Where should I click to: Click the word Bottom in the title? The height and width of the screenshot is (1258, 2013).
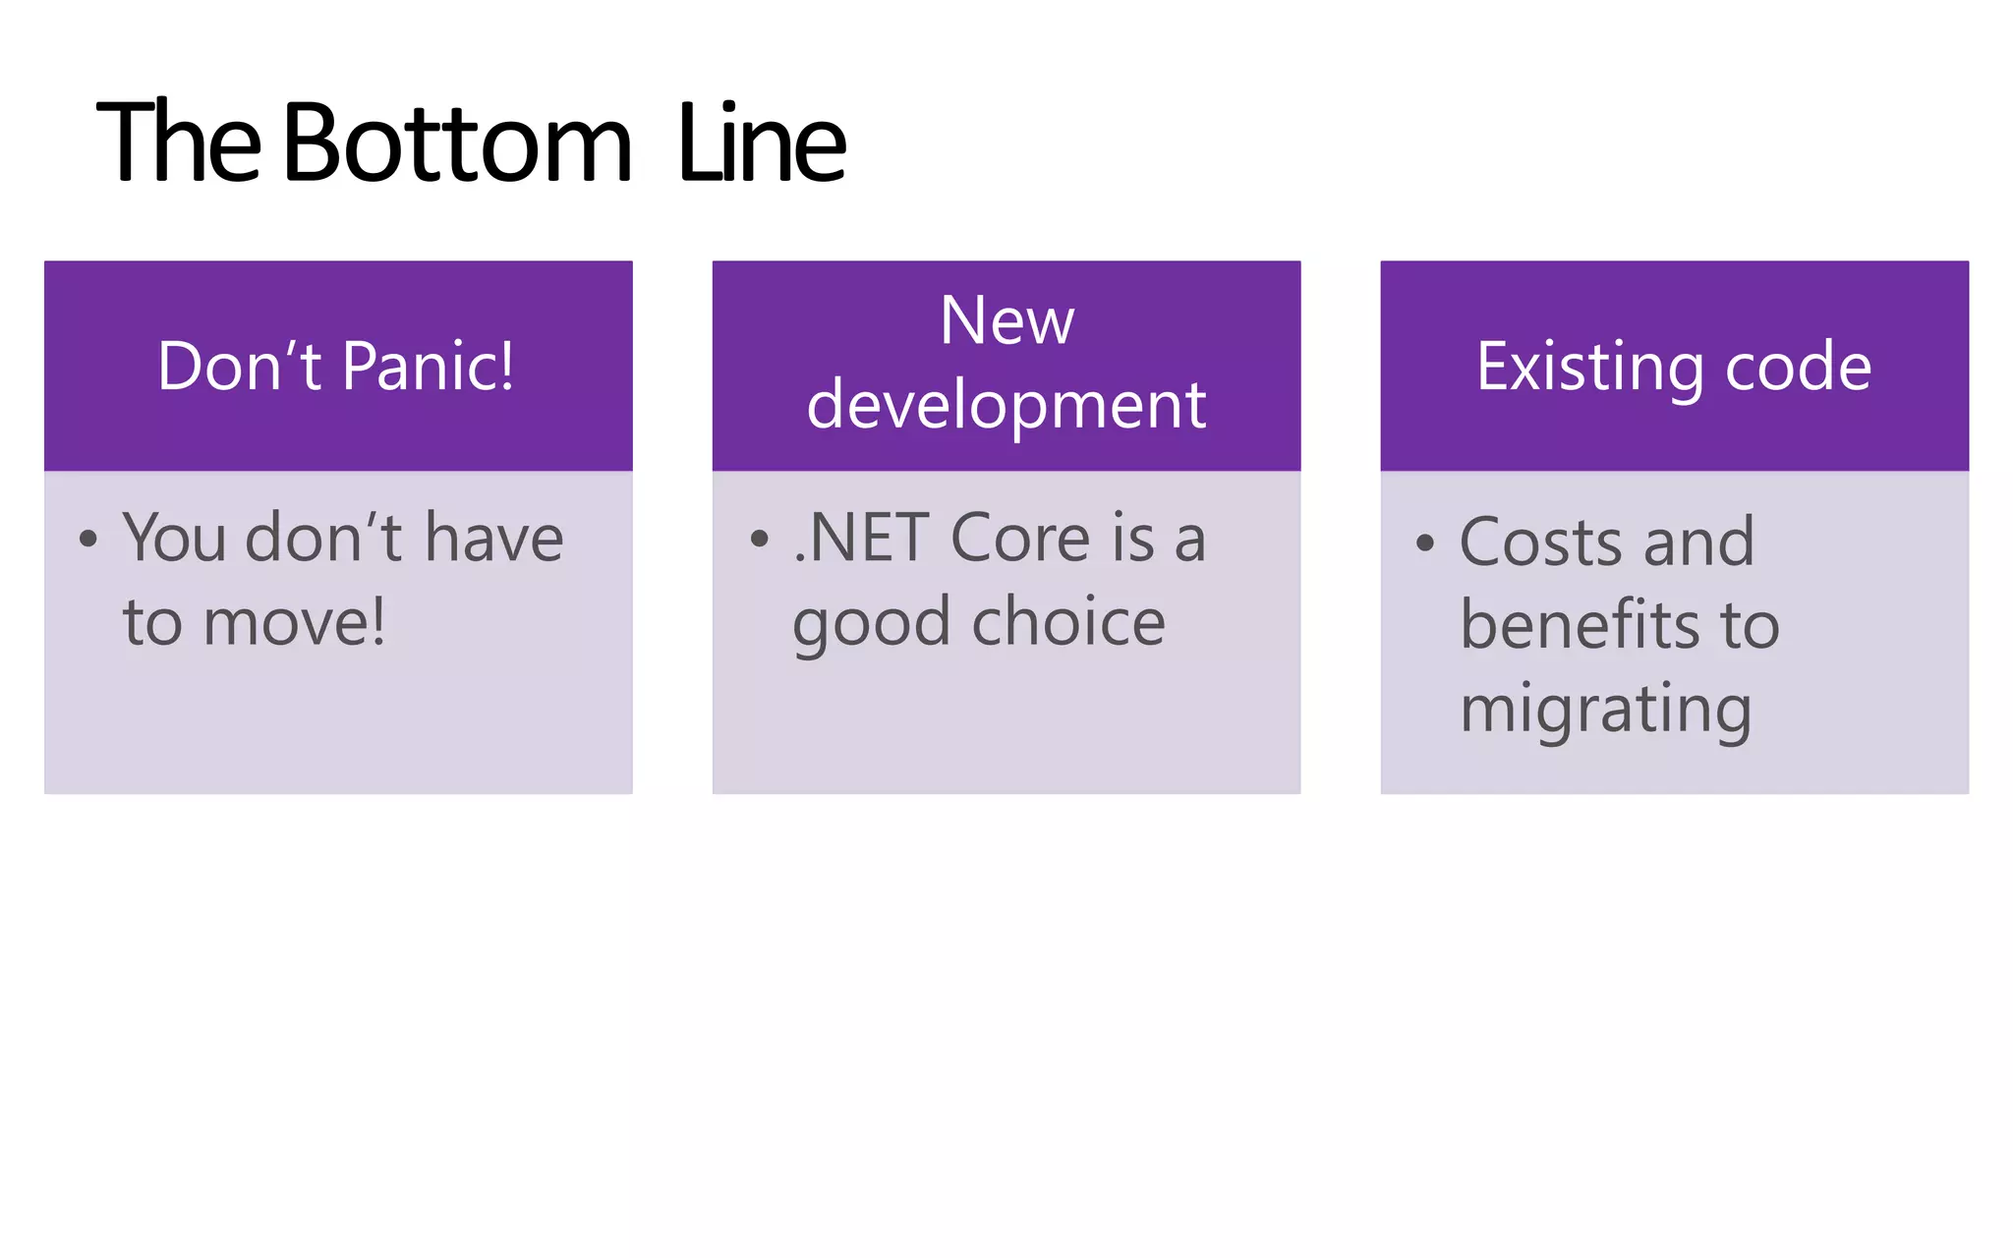pyautogui.click(x=457, y=144)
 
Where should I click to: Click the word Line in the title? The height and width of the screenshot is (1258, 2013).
pyautogui.click(x=762, y=144)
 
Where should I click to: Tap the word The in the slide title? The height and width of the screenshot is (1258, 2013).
pyautogui.click(x=179, y=144)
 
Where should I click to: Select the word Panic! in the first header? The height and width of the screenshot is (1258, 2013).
pyautogui.click(x=428, y=367)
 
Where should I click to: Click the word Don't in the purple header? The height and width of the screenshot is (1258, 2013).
pyautogui.click(x=239, y=367)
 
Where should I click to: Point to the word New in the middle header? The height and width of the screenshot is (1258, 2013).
pyautogui.click(x=1006, y=320)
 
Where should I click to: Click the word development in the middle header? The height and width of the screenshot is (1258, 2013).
pyautogui.click(x=1006, y=405)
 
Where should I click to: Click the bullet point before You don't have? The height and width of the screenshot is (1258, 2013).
pyautogui.click(x=88, y=540)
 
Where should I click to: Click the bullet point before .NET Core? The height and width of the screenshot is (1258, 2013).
pyautogui.click(x=758, y=540)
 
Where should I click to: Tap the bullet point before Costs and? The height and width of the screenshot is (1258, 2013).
pyautogui.click(x=1425, y=543)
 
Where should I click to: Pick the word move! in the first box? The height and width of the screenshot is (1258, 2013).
pyautogui.click(x=294, y=623)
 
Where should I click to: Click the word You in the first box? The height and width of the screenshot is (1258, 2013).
pyautogui.click(x=174, y=539)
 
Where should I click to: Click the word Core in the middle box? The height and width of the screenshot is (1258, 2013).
pyautogui.click(x=1021, y=539)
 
